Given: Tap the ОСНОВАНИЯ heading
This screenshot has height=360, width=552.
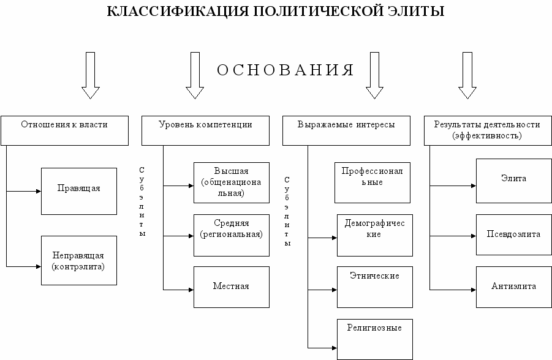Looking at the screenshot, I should (x=285, y=70).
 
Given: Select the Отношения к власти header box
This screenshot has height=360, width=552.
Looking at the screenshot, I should (x=64, y=130).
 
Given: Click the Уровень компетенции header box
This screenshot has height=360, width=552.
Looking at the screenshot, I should (x=205, y=130).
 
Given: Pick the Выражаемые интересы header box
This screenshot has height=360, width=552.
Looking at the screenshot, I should (x=346, y=130).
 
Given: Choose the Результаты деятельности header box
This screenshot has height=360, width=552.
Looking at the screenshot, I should (x=487, y=130).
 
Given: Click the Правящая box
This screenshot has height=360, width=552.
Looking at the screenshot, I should (x=79, y=191).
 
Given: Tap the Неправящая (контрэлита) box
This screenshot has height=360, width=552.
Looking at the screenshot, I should (x=79, y=260).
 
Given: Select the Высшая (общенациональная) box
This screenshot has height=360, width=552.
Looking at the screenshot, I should (x=231, y=182).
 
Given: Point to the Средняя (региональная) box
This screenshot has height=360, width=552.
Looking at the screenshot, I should (x=231, y=235).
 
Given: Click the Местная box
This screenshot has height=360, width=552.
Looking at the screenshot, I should (x=231, y=287).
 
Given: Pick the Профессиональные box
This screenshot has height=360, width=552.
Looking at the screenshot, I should (x=372, y=182).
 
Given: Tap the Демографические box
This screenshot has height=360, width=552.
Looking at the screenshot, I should (x=374, y=234).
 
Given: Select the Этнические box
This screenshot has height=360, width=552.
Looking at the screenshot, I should (x=374, y=287).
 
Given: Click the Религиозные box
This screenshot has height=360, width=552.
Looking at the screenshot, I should (x=374, y=338).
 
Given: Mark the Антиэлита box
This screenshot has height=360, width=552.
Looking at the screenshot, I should (x=513, y=287).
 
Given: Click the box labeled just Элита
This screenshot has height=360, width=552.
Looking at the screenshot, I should (x=513, y=181).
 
